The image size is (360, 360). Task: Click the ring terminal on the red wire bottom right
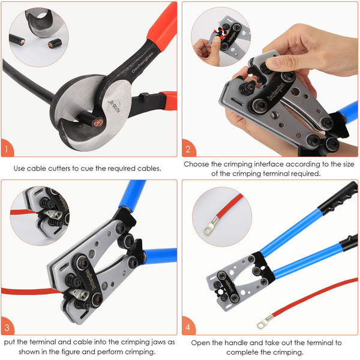[x=263, y=324]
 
